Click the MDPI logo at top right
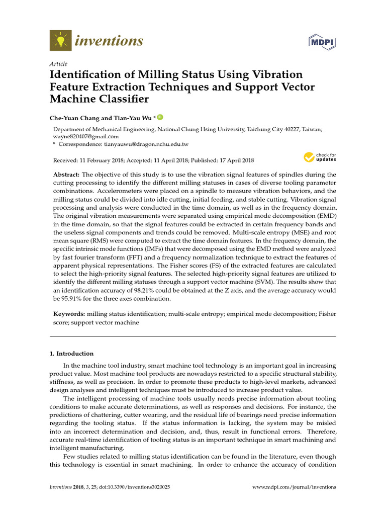click(x=322, y=42)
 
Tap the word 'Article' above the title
click(x=58, y=64)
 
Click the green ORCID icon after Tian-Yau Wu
click(x=160, y=117)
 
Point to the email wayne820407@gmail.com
click(x=86, y=136)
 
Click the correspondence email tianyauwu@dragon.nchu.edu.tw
click(x=146, y=144)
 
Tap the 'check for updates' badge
click(x=319, y=157)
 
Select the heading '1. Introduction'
click(x=71, y=354)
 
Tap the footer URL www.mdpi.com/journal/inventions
click(x=294, y=487)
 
